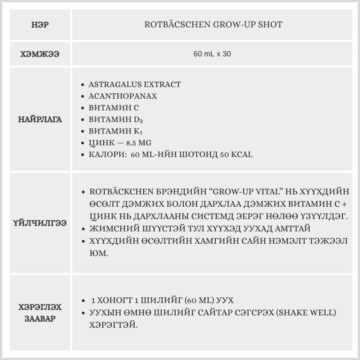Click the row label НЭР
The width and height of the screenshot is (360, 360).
pyautogui.click(x=40, y=25)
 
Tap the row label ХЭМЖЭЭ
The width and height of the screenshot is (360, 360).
pyautogui.click(x=40, y=54)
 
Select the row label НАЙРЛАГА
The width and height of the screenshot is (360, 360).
pyautogui.click(x=40, y=120)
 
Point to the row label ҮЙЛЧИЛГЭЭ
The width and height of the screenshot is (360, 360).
pyautogui.click(x=40, y=223)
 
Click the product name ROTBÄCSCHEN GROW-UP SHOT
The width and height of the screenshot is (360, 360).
pyautogui.click(x=213, y=25)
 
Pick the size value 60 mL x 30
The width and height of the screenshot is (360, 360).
pyautogui.click(x=212, y=54)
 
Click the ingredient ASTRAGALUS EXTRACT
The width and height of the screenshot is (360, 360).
pyautogui.click(x=135, y=85)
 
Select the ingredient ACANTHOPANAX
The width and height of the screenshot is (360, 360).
pyautogui.click(x=123, y=96)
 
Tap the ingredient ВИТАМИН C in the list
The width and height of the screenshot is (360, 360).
pyautogui.click(x=114, y=108)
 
